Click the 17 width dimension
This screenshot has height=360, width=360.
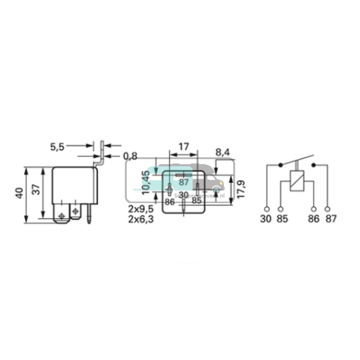pyautogui.click(x=184, y=147)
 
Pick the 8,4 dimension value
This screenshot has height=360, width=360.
pyautogui.click(x=222, y=153)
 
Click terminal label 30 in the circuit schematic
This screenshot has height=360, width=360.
pyautogui.click(x=266, y=219)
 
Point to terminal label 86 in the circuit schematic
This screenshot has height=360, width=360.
pyautogui.click(x=314, y=219)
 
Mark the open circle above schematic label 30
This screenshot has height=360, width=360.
pyautogui.click(x=266, y=209)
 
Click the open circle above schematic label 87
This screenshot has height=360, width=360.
pyautogui.click(x=328, y=209)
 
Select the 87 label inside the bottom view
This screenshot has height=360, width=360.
pyautogui.click(x=184, y=182)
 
